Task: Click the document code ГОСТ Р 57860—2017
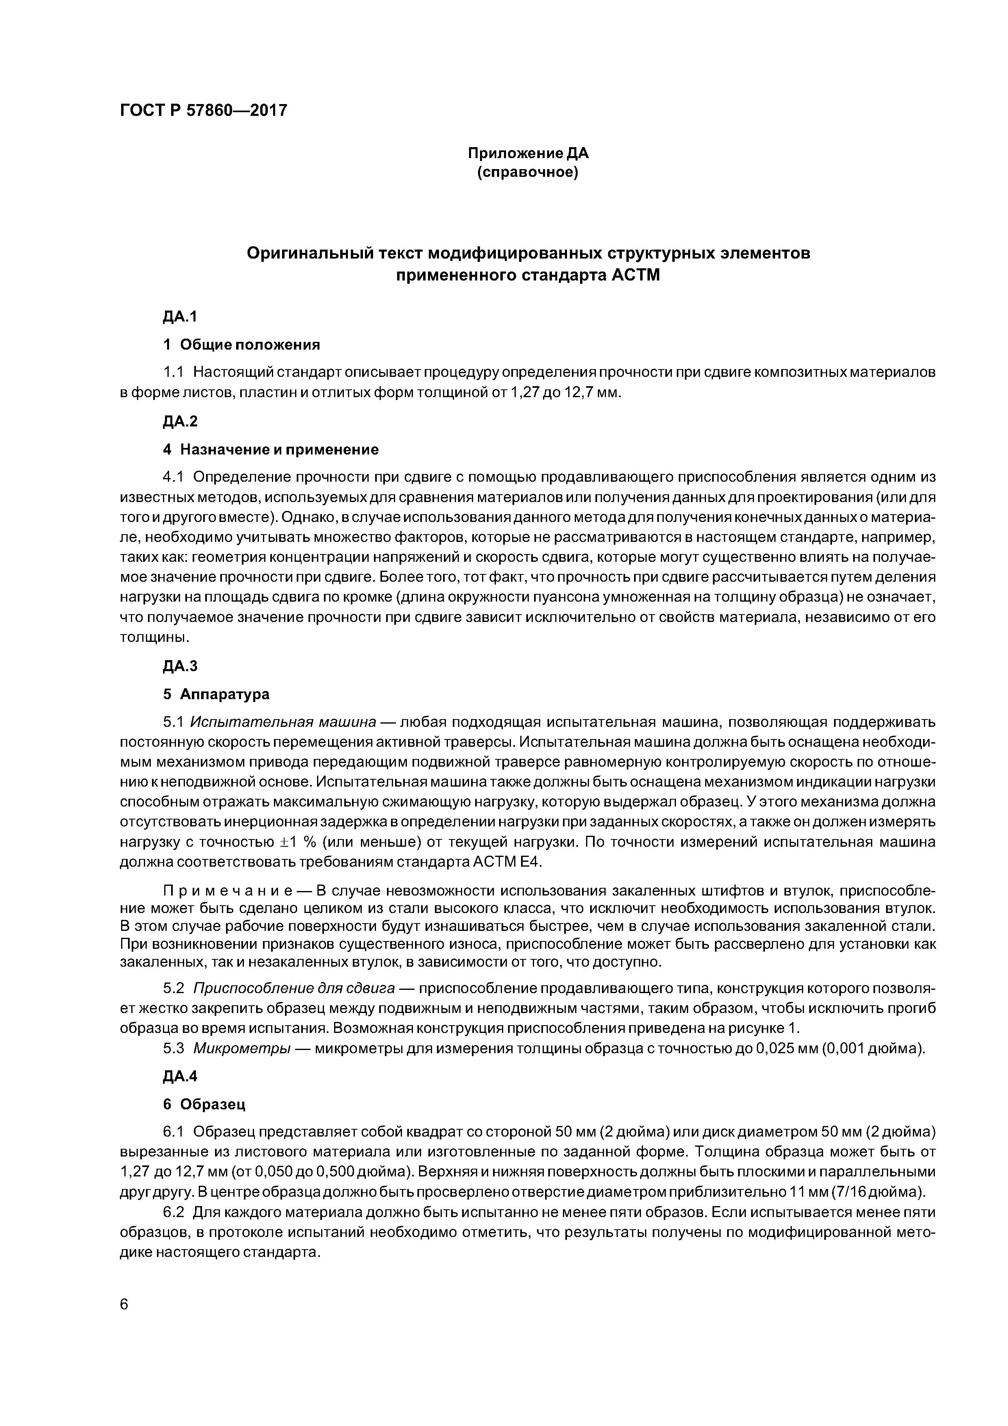click(203, 111)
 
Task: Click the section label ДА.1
click(180, 317)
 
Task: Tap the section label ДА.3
click(180, 666)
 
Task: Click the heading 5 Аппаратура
click(216, 694)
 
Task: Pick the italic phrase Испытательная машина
click(283, 722)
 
